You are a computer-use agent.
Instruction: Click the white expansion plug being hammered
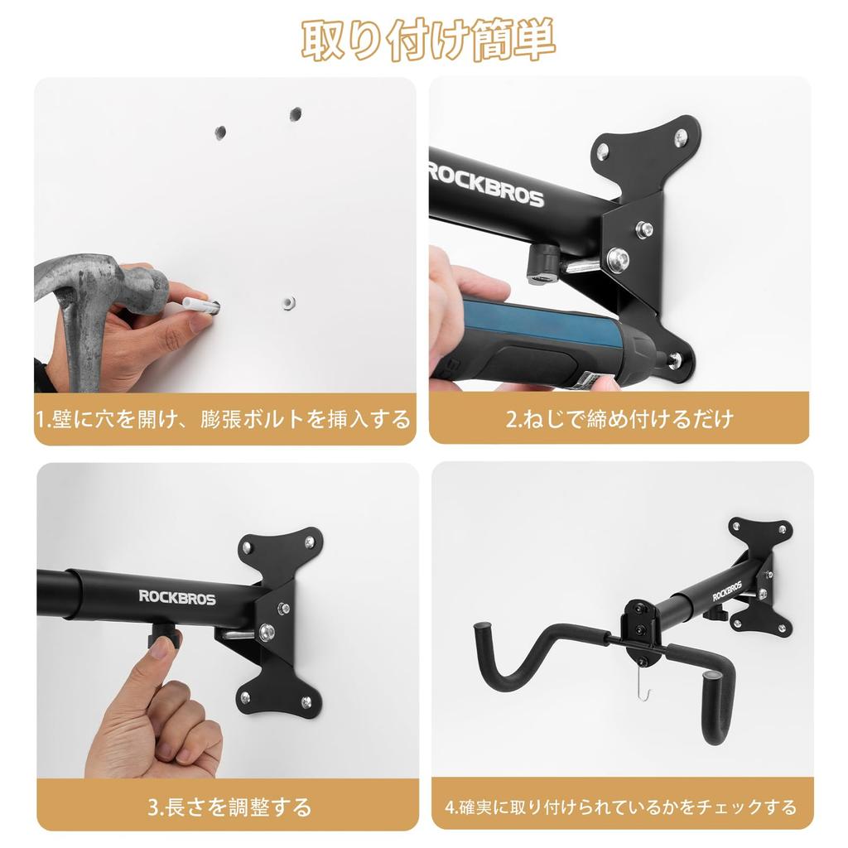(x=198, y=305)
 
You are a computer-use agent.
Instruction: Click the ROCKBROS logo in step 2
(x=485, y=185)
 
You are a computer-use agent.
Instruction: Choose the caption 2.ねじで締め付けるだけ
(x=619, y=419)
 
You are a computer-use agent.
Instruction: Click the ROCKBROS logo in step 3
(x=177, y=597)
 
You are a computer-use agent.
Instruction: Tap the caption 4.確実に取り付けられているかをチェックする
(x=621, y=806)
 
